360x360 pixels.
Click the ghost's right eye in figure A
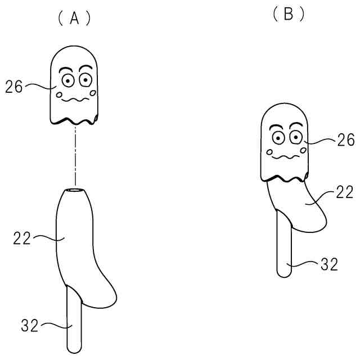[x=87, y=80]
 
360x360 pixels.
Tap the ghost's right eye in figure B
[x=296, y=137]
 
